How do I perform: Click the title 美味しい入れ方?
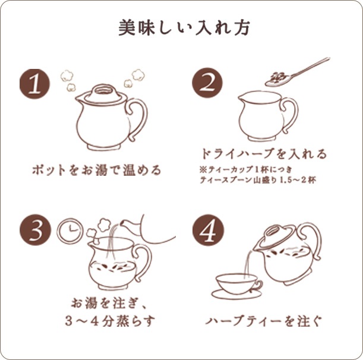click(181, 28)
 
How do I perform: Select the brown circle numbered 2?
click(205, 84)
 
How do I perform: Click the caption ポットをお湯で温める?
click(96, 170)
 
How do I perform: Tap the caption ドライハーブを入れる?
click(264, 154)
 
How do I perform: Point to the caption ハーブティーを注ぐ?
click(264, 321)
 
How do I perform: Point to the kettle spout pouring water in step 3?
click(128, 224)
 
